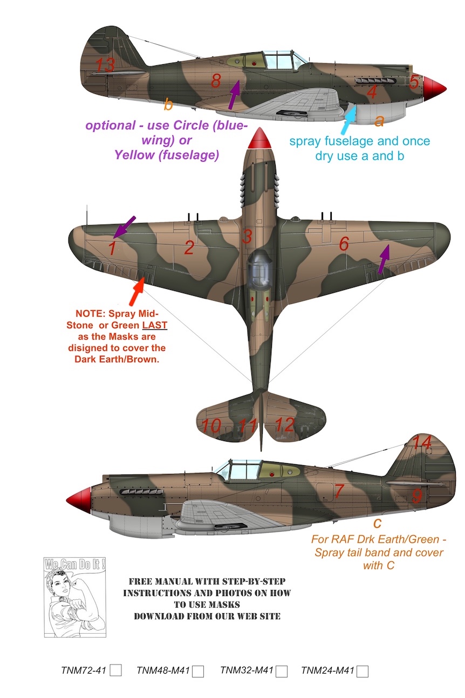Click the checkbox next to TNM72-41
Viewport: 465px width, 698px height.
pyautogui.click(x=115, y=669)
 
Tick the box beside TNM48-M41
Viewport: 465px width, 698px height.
pyautogui.click(x=198, y=671)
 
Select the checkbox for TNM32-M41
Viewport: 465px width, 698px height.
pyautogui.click(x=282, y=670)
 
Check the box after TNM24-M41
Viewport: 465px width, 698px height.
pyautogui.click(x=362, y=670)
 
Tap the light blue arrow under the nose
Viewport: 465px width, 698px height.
pyautogui.click(x=349, y=120)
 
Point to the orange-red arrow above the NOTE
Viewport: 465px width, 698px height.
pyautogui.click(x=136, y=290)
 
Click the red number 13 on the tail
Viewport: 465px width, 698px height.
pyautogui.click(x=105, y=65)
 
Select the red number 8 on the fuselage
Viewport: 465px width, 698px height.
pyautogui.click(x=216, y=81)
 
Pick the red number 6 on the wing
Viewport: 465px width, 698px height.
pyautogui.click(x=344, y=243)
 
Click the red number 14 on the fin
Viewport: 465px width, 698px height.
pyautogui.click(x=422, y=443)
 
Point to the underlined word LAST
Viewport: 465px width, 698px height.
pyautogui.click(x=154, y=325)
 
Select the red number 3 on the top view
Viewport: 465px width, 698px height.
pyautogui.click(x=247, y=236)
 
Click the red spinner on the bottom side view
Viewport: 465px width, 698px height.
pyautogui.click(x=78, y=500)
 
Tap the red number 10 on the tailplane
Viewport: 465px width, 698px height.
pyautogui.click(x=211, y=425)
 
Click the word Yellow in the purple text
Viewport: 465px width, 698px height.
pyautogui.click(x=134, y=154)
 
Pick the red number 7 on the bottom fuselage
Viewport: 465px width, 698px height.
pyautogui.click(x=339, y=491)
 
